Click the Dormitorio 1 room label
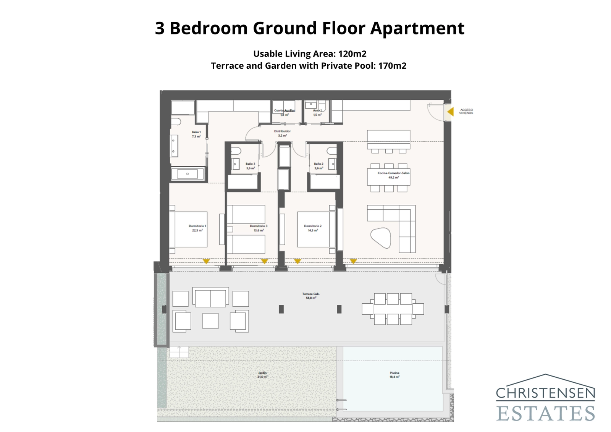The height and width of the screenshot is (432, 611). (197, 228)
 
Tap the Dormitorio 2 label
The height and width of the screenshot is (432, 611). (313, 228)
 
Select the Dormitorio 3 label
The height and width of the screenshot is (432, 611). (259, 228)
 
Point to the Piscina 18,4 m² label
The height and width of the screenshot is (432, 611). (394, 375)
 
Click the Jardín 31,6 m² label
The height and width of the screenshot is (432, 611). (262, 375)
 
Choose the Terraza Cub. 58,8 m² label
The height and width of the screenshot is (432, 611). (311, 296)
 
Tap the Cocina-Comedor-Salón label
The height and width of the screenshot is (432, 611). (393, 175)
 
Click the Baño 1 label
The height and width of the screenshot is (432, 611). (196, 134)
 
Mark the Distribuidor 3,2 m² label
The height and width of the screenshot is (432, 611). (282, 133)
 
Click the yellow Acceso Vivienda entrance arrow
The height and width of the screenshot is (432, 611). (451, 112)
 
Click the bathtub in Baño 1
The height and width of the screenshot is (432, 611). (188, 174)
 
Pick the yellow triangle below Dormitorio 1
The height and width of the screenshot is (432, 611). (206, 262)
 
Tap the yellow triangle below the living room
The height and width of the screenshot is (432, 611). (353, 262)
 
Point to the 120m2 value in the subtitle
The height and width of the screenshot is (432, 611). (352, 54)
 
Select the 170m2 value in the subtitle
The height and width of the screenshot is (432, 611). (392, 66)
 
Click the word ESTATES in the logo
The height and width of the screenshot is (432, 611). (545, 413)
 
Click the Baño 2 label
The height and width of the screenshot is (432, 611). (318, 166)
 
